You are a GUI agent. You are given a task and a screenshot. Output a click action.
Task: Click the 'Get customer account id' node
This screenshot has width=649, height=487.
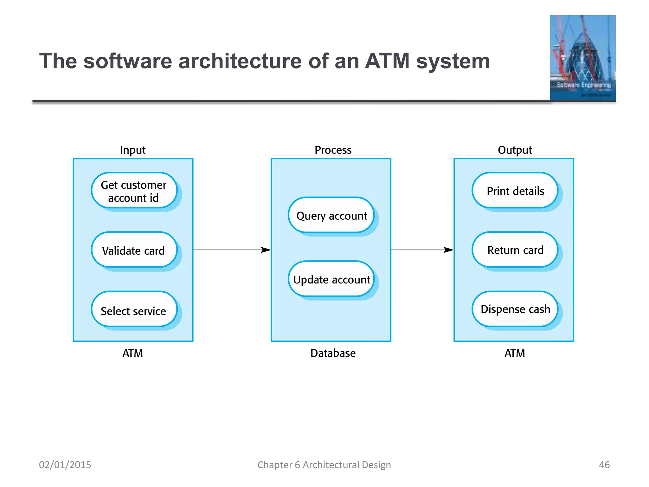click(133, 191)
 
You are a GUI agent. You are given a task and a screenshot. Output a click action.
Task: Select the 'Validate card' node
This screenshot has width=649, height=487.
click(133, 250)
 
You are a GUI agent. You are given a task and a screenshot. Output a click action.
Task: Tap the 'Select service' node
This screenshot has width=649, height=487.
click(133, 310)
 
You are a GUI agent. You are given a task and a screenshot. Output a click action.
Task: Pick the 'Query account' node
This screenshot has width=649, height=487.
click(331, 216)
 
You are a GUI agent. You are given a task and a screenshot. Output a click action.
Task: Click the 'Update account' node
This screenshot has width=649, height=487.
click(331, 279)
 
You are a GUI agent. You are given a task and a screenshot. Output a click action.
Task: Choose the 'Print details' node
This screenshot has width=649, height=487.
click(515, 191)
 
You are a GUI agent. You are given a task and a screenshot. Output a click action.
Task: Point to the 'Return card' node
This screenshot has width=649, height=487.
click(515, 250)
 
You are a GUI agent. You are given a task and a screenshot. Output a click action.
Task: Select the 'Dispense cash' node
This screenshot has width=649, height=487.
click(515, 309)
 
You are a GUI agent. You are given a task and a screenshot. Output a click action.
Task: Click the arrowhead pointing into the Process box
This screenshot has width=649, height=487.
click(266, 250)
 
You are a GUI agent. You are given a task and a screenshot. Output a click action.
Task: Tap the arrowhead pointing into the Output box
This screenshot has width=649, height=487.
click(448, 250)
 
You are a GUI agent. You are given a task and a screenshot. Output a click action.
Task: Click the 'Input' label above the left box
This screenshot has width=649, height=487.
click(132, 150)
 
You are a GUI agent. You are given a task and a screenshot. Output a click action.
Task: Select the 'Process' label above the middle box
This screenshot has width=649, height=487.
click(333, 150)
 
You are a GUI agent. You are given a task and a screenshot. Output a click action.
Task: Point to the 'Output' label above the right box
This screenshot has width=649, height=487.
click(515, 150)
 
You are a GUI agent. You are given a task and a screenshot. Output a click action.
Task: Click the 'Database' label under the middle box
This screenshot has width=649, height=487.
click(333, 353)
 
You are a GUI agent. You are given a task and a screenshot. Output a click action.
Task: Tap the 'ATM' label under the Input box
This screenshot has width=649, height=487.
click(132, 353)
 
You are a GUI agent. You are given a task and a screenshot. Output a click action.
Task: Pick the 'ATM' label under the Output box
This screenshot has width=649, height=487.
click(515, 353)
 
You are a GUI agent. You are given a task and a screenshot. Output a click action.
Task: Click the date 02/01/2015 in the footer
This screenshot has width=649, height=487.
click(65, 464)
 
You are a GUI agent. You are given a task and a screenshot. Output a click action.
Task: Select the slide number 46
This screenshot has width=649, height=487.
click(604, 464)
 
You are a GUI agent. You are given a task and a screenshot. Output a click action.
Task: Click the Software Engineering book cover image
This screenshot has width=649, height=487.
click(582, 58)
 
